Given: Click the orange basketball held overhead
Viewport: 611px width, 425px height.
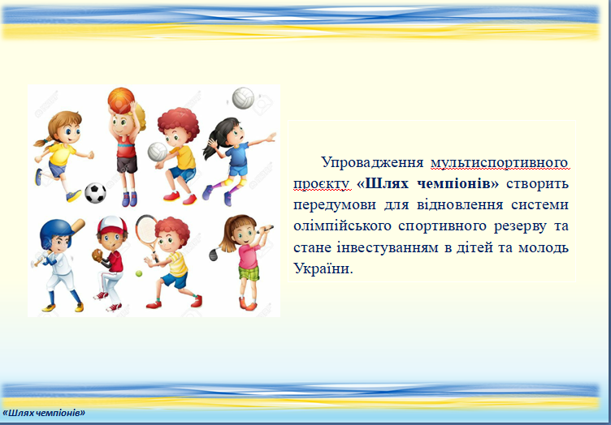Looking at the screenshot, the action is [x=121, y=101].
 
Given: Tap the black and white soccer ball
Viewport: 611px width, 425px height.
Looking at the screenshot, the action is [x=96, y=193].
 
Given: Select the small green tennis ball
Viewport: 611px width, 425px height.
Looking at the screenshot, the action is [x=139, y=274].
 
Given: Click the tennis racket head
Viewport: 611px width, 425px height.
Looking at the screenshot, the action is [x=146, y=230].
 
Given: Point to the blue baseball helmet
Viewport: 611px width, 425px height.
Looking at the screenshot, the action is [x=56, y=232].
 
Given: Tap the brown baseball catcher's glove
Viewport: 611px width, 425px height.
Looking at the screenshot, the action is [x=97, y=255].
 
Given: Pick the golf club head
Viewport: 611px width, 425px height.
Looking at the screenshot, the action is [x=214, y=255].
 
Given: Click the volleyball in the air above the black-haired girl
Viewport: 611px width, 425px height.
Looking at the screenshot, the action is [x=243, y=98].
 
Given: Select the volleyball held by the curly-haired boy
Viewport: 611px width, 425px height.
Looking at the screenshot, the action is [x=158, y=152].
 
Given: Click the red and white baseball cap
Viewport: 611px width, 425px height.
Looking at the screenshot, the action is [x=112, y=225].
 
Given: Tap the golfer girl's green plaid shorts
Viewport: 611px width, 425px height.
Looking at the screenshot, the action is [x=249, y=273].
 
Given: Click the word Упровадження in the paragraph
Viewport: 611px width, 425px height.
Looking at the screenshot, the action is [x=372, y=161].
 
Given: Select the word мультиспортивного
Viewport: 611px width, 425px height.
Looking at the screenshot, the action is [x=500, y=162].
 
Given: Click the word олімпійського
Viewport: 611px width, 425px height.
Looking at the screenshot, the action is [x=342, y=226].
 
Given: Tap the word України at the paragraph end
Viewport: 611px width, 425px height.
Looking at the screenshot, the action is [x=323, y=268].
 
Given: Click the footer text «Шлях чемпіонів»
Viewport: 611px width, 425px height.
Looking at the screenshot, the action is [x=44, y=413].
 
